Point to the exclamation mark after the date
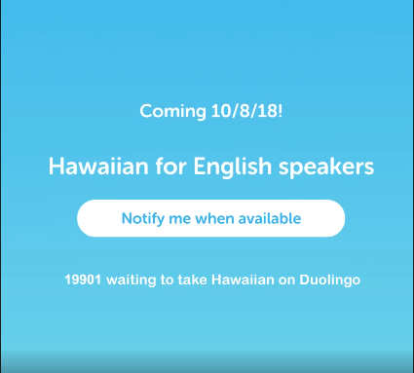(x=281, y=111)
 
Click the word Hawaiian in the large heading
(x=93, y=167)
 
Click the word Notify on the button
(x=143, y=218)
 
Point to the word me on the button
(x=184, y=218)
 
